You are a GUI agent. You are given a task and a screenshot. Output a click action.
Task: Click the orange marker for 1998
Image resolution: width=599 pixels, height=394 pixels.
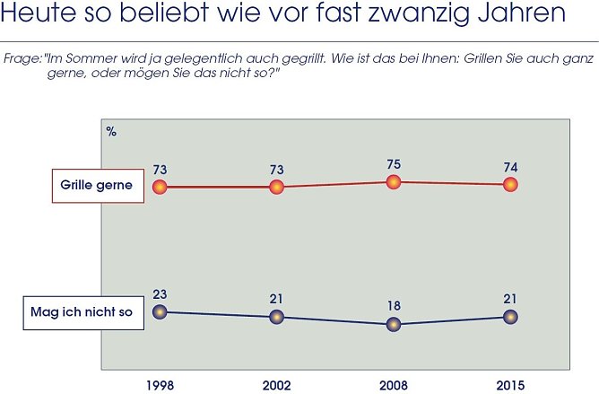(x=160, y=187)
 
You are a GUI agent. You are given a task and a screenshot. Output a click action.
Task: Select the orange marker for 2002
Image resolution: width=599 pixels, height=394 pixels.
(x=276, y=187)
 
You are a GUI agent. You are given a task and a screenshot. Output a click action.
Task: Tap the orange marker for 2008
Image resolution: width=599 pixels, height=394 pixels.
(x=393, y=182)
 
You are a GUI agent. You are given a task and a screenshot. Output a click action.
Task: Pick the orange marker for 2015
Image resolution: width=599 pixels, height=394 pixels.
(x=510, y=184)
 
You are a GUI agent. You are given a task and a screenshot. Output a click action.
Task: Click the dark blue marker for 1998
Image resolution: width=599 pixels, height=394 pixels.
(x=160, y=311)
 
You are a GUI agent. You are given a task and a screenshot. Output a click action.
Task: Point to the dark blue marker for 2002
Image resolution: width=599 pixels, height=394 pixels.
(x=276, y=317)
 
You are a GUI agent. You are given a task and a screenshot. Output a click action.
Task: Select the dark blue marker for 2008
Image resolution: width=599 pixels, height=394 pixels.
(x=393, y=324)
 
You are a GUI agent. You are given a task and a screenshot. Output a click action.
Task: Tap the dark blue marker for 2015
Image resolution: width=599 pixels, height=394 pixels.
(x=510, y=316)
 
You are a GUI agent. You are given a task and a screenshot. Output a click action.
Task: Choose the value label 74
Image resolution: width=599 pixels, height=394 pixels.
(x=510, y=166)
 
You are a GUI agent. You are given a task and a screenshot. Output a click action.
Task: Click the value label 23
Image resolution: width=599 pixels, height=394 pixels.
(x=160, y=293)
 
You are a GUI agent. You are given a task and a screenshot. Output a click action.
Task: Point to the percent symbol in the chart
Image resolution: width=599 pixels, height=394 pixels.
(x=111, y=131)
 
